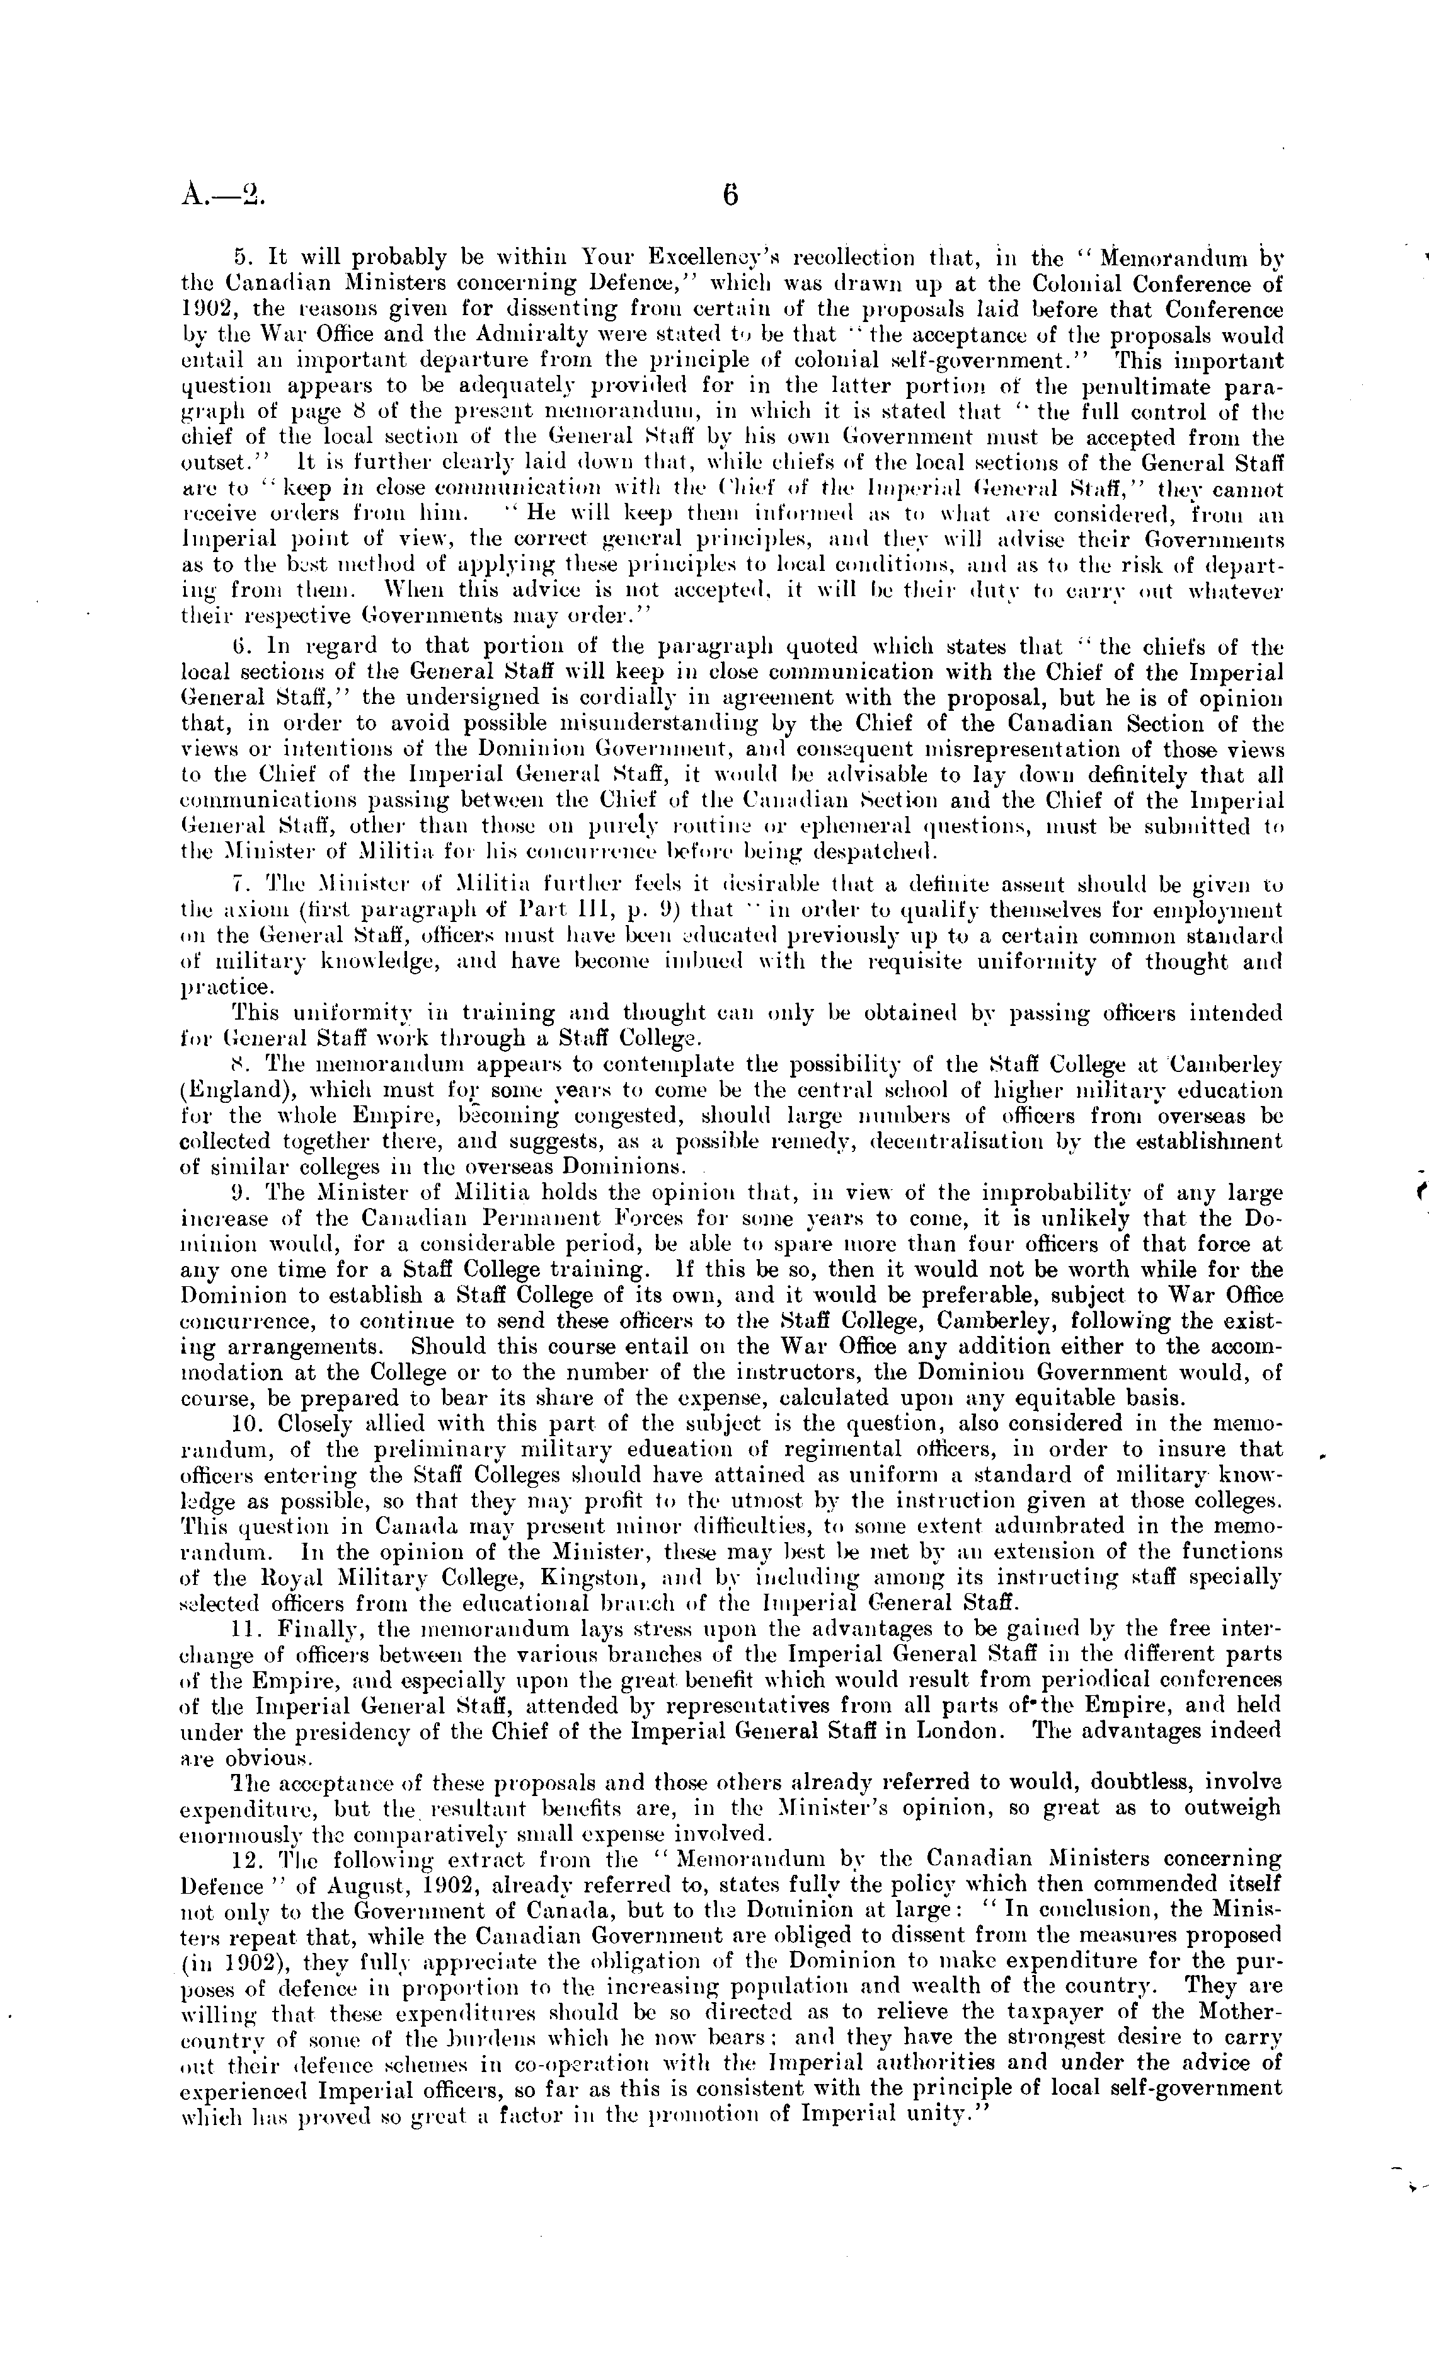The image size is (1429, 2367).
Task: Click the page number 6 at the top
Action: pyautogui.click(x=729, y=197)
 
